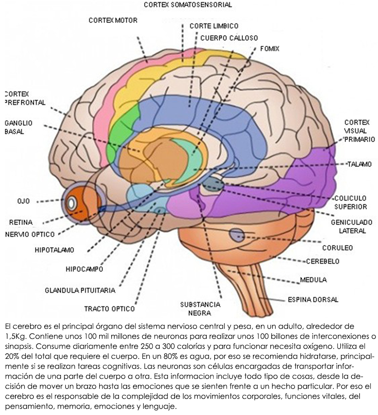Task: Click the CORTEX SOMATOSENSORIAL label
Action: [188, 5]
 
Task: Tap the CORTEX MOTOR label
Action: [113, 20]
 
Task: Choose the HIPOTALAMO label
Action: [54, 250]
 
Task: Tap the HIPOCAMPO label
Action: [84, 269]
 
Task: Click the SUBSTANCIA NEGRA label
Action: [200, 309]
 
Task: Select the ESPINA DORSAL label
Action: [313, 299]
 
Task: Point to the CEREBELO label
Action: [323, 262]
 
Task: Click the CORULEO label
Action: [337, 247]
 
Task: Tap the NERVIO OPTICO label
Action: [30, 234]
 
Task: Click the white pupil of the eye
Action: [72, 203]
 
